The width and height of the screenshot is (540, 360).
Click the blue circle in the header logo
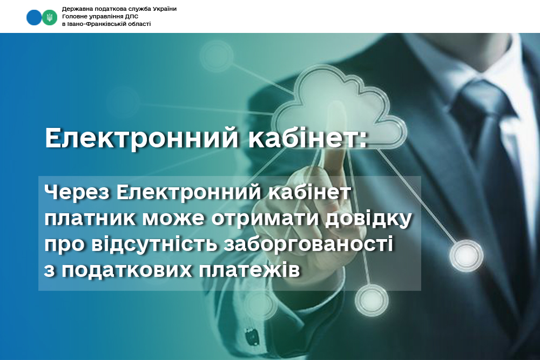click(33, 17)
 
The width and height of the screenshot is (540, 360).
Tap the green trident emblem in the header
click(50, 17)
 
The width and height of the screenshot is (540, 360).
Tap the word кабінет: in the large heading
click(308, 138)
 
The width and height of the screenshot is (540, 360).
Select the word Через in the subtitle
click(77, 193)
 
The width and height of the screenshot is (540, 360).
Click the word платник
click(90, 218)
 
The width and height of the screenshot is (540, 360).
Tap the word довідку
click(369, 219)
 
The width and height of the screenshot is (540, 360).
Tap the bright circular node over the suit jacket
click(467, 256)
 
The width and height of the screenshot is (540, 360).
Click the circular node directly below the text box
click(372, 301)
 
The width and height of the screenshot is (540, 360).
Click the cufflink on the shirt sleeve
click(252, 335)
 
